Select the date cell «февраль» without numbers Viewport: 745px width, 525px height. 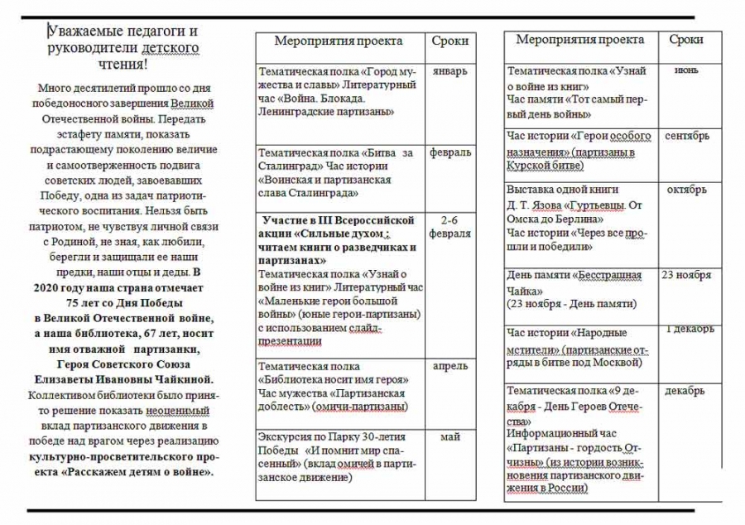[x=450, y=152]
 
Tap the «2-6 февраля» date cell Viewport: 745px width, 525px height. [x=450, y=227]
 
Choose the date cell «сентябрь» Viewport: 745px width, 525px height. [x=686, y=135]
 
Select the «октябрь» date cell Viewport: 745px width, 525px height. [x=686, y=190]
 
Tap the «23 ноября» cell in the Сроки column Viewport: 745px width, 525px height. [x=686, y=275]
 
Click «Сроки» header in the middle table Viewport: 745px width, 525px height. [x=450, y=41]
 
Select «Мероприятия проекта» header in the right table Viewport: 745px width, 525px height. [x=579, y=40]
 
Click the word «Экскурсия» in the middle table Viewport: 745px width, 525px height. [x=286, y=437]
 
